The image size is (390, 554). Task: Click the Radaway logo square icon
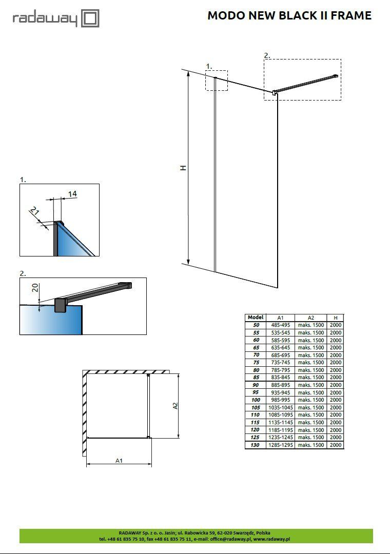(x=90, y=19)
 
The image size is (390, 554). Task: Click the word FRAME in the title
(x=351, y=15)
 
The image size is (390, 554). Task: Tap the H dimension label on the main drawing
(x=183, y=168)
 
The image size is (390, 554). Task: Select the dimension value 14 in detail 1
(x=72, y=193)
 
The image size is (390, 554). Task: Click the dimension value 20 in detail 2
(x=35, y=288)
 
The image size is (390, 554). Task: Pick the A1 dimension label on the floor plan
(x=119, y=461)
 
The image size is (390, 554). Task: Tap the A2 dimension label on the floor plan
(x=175, y=405)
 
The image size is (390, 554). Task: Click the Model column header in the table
(x=255, y=318)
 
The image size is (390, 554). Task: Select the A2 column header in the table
(x=310, y=318)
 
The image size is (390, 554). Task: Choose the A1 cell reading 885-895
(x=280, y=385)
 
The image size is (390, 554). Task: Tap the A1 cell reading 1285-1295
(x=280, y=445)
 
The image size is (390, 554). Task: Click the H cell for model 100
(x=336, y=400)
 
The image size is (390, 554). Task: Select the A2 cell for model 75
(x=310, y=363)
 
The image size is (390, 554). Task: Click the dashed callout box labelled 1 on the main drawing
(x=217, y=80)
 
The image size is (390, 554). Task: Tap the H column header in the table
(x=336, y=318)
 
